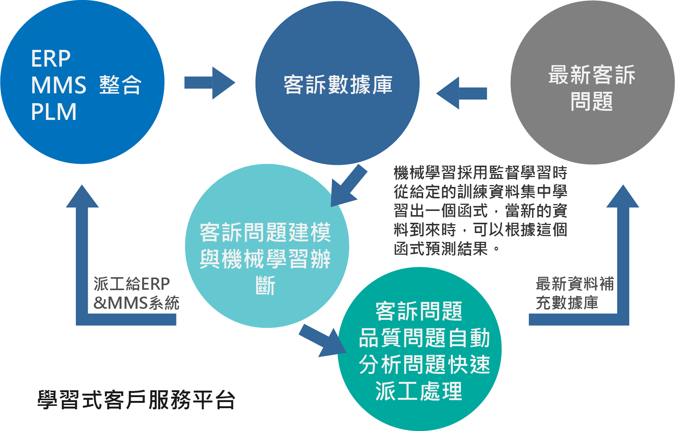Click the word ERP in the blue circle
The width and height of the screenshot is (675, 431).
click(51, 59)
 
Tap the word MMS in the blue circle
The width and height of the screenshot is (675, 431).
click(58, 85)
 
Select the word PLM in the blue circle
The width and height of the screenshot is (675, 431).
click(54, 112)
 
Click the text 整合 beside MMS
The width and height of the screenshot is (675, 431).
click(120, 85)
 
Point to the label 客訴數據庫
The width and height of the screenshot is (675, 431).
click(338, 85)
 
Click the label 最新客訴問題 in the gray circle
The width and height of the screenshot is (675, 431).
click(592, 88)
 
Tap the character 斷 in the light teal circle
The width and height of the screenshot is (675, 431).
click(265, 286)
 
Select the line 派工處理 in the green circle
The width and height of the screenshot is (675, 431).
click(418, 391)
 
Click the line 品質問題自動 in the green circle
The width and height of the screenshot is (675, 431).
click(424, 338)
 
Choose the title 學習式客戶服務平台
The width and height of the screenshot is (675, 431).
click(136, 400)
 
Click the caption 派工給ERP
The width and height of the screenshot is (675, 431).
click(131, 284)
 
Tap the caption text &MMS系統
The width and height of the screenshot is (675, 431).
click(136, 303)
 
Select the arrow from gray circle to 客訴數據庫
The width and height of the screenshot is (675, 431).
click(461, 93)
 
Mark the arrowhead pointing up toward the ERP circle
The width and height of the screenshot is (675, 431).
click(82, 197)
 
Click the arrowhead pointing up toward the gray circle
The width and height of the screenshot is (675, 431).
click(623, 197)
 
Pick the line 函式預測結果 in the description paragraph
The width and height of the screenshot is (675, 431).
click(446, 249)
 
